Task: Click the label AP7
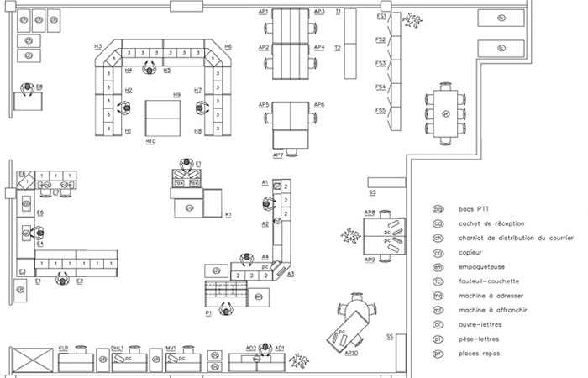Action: click(x=278, y=155)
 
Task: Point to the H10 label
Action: click(x=150, y=141)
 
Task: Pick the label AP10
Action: click(x=352, y=353)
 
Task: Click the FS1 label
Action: click(x=381, y=16)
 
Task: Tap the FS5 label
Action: click(x=381, y=110)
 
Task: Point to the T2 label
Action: click(x=338, y=48)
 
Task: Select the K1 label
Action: click(x=228, y=215)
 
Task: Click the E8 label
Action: click(x=39, y=87)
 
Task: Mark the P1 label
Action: click(x=207, y=312)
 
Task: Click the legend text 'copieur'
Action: click(x=470, y=252)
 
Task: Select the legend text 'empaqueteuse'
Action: click(x=481, y=266)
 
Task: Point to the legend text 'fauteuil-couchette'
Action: click(x=488, y=281)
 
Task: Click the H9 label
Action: click(x=177, y=95)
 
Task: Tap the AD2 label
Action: click(x=250, y=347)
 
